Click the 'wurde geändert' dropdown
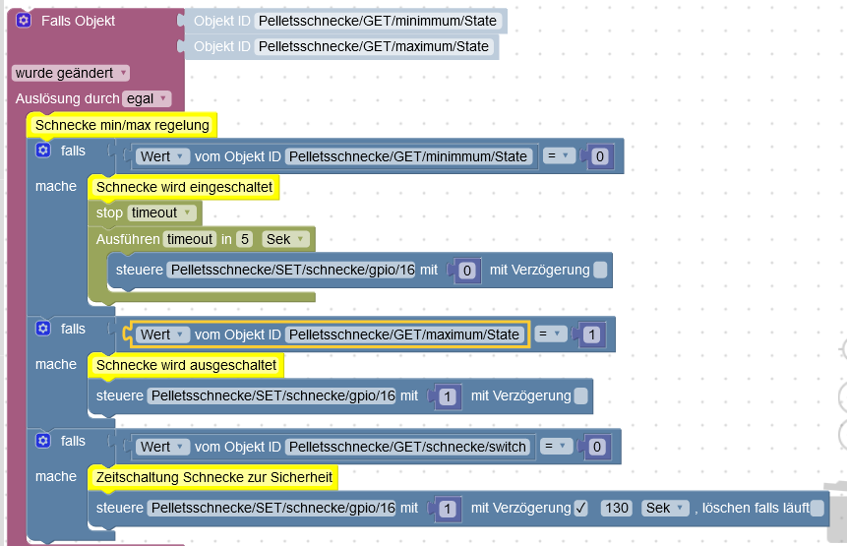pos(71,73)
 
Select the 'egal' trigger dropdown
pos(147,98)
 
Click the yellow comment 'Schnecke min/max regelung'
pos(122,125)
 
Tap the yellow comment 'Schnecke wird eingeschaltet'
pos(184,187)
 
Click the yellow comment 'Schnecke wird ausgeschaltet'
pos(186,366)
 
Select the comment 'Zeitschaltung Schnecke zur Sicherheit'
pos(213,477)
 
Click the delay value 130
pos(617,509)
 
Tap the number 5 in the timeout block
pos(245,239)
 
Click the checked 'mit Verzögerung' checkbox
pos(580,509)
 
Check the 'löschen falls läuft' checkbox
pos(817,509)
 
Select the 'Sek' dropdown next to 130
pos(665,509)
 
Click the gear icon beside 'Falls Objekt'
pos(24,21)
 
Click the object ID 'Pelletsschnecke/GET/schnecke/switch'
pos(407,448)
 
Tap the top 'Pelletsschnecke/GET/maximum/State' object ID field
pos(373,46)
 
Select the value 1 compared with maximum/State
pos(592,334)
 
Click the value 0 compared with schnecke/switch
pos(597,448)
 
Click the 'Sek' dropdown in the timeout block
pos(285,239)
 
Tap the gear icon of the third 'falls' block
pos(43,441)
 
